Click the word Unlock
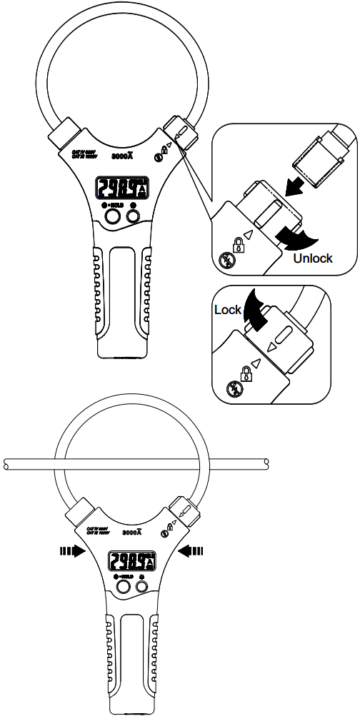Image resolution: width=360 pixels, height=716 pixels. (313, 258)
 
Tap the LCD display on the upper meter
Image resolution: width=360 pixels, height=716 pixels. (122, 188)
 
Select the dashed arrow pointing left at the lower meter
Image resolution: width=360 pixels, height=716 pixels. (192, 549)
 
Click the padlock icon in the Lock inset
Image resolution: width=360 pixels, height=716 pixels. (246, 372)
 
